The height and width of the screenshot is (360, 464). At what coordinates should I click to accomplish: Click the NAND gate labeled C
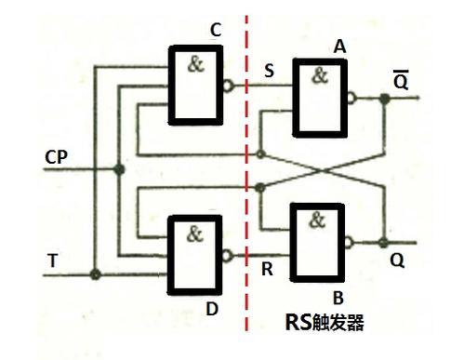[194, 86]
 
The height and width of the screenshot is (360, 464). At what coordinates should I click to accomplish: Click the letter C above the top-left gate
[215, 31]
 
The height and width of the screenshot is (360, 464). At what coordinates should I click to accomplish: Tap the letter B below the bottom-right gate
[339, 297]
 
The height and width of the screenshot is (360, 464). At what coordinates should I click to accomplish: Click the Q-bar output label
[400, 81]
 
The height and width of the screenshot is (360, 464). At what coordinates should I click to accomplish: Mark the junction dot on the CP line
[118, 169]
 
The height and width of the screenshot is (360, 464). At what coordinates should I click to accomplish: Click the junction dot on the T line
[95, 274]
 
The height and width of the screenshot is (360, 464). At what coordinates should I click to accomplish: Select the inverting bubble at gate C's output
[229, 86]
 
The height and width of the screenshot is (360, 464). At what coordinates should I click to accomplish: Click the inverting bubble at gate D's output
[229, 253]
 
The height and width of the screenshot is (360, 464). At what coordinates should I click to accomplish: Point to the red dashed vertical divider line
[246, 186]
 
